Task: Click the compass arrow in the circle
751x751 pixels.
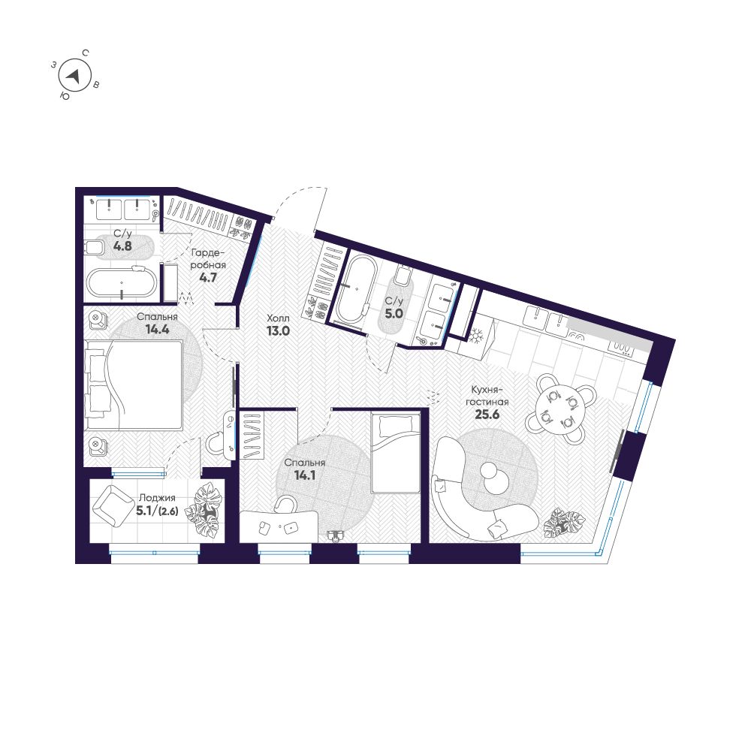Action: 74,75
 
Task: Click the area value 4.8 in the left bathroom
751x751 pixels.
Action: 122,246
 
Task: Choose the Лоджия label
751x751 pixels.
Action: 157,497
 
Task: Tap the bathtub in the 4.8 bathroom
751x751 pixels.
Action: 122,283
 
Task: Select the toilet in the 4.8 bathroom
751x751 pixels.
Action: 98,247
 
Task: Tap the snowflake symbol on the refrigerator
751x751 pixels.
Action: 475,336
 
